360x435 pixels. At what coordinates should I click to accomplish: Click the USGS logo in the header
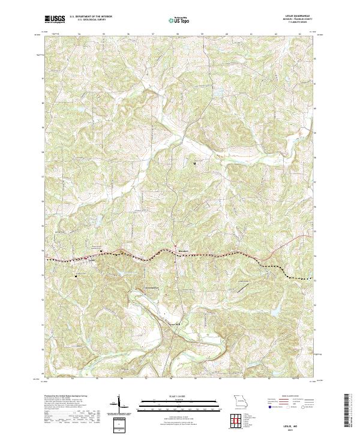pyautogui.click(x=55, y=20)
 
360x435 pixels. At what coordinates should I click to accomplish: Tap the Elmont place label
pyautogui.click(x=184, y=250)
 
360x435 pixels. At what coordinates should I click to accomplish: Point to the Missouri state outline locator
pyautogui.click(x=241, y=400)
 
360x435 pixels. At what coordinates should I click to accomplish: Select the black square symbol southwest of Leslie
pyautogui.click(x=76, y=276)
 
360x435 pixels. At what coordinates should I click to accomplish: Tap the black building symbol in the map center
pyautogui.click(x=194, y=162)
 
